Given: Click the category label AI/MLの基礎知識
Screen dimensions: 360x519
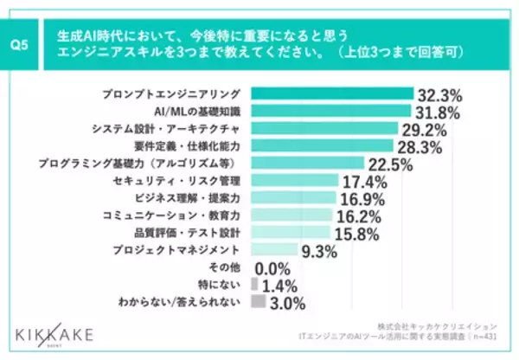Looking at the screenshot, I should pyautogui.click(x=199, y=111).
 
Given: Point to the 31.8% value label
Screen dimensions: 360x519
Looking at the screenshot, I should pyautogui.click(x=440, y=111).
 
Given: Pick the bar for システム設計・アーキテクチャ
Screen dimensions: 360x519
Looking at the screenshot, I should pyautogui.click(x=324, y=128).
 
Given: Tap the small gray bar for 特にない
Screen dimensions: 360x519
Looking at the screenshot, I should pyautogui.click(x=253, y=284).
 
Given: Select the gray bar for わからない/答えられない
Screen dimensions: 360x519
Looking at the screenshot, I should pyautogui.click(x=257, y=301).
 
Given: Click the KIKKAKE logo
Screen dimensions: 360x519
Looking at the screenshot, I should pyautogui.click(x=54, y=331).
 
